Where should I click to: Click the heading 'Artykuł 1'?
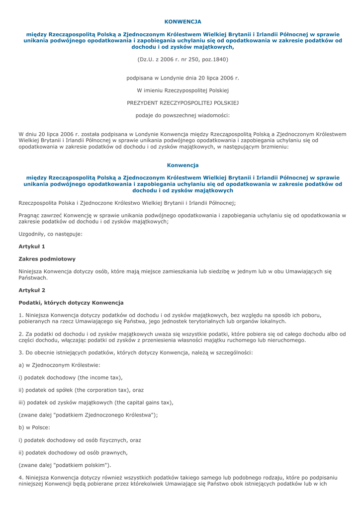(x=32, y=246)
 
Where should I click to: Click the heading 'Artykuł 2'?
(x=32, y=290)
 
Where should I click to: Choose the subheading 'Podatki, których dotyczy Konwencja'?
(x=71, y=303)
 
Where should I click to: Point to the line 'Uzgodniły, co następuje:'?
(x=50, y=234)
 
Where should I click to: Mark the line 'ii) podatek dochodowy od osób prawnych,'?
(x=73, y=452)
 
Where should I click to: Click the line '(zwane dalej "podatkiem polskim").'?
(x=65, y=465)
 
